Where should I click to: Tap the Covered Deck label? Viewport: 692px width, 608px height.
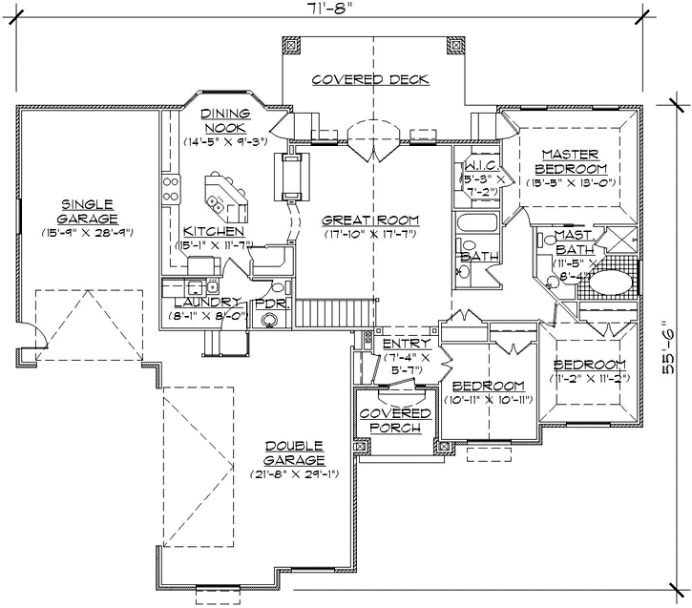coord(370,79)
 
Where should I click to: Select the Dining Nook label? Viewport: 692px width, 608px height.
coord(224,120)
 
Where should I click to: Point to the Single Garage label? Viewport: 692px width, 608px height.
coord(87,210)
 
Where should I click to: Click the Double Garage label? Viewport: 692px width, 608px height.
coord(295,452)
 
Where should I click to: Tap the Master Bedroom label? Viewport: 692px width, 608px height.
coord(570,161)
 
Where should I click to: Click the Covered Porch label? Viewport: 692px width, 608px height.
coord(394,419)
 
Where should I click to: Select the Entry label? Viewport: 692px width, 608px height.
coord(407,343)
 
